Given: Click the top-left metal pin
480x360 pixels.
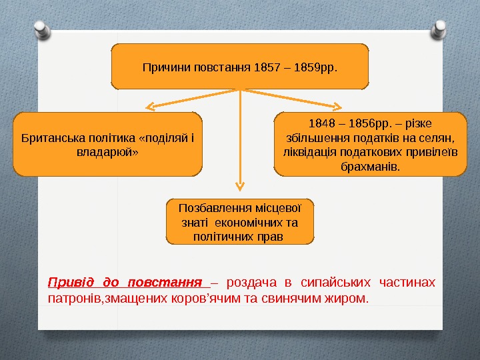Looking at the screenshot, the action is pos(42,27).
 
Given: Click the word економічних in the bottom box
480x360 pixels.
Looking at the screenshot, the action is pos(265,222).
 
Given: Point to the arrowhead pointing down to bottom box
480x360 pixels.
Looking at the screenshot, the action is pos(240,189).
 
